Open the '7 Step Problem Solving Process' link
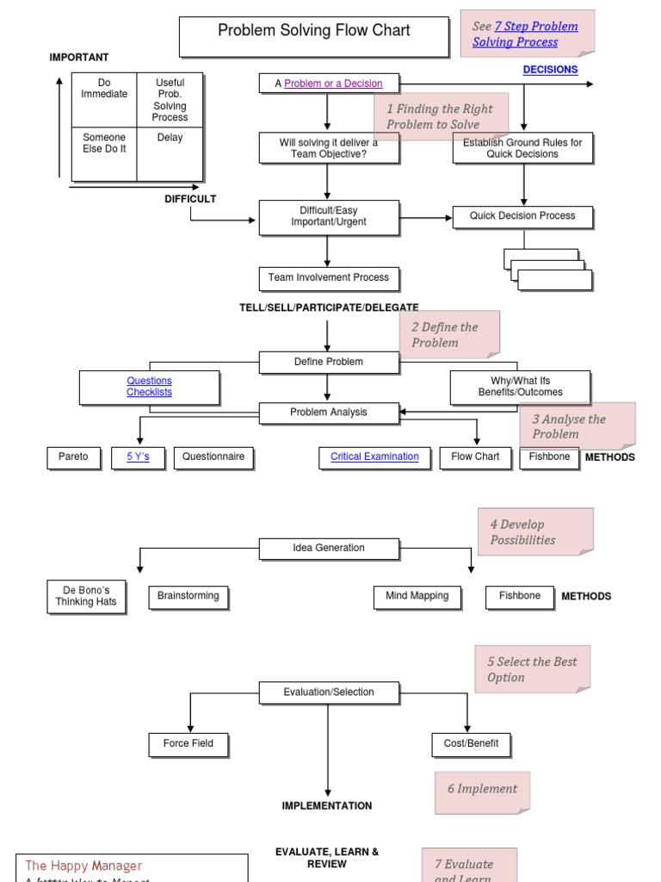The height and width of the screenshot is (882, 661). click(525, 34)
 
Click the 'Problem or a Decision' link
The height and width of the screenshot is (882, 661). click(333, 84)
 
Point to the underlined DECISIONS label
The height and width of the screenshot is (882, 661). click(550, 70)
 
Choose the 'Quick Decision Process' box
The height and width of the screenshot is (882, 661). click(522, 216)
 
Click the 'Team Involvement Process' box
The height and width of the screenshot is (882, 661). click(328, 278)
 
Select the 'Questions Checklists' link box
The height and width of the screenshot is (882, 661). click(149, 387)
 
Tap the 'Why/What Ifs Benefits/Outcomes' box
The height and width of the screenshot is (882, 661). click(520, 387)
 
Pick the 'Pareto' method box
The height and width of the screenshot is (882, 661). click(73, 457)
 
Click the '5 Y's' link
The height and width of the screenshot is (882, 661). click(138, 457)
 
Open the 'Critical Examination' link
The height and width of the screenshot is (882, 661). click(374, 457)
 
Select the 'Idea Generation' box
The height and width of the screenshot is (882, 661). click(329, 548)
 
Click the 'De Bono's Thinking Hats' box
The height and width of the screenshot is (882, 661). click(85, 596)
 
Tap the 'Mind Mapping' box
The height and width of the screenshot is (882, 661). click(417, 596)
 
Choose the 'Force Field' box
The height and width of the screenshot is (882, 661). click(188, 744)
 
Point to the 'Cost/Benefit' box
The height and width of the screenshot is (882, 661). click(471, 744)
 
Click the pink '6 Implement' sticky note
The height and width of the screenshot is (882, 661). click(482, 791)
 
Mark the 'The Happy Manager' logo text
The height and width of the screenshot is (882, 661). click(83, 866)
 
